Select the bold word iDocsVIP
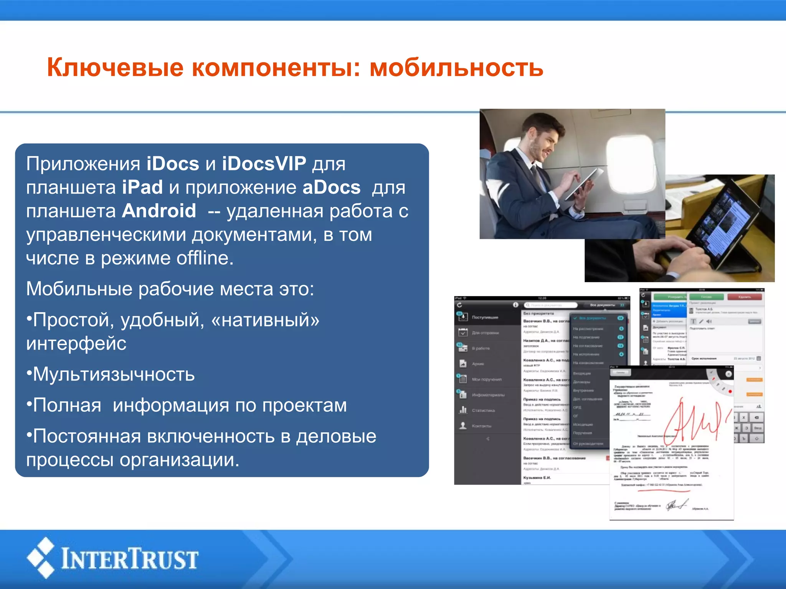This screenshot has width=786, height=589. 264,164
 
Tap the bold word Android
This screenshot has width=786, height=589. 159,211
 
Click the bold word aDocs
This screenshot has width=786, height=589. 332,188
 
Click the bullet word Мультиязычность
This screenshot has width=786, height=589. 114,374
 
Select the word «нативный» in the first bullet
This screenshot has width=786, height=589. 265,320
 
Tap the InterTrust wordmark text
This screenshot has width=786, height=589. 130,559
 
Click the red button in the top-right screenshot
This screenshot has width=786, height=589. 745,297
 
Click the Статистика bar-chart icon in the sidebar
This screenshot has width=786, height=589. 463,410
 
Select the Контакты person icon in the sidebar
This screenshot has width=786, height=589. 463,426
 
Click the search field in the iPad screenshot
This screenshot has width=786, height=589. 551,305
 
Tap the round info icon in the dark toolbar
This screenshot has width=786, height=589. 515,305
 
